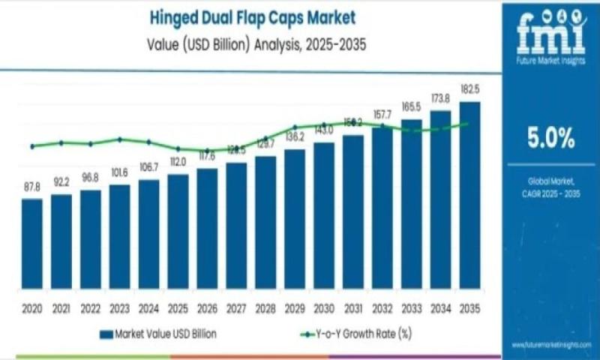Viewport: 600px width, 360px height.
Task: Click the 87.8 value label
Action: pos(32,187)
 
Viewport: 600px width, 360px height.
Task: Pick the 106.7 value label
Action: pos(148,166)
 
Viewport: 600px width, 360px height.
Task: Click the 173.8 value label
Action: pos(441,98)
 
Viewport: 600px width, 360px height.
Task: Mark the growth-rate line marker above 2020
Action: pos(32,146)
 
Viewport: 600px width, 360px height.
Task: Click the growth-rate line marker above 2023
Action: pos(120,139)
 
